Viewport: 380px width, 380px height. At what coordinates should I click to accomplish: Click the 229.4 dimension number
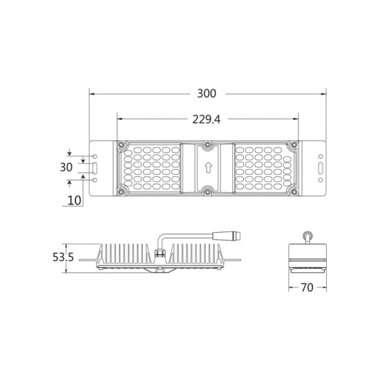[x=206, y=119]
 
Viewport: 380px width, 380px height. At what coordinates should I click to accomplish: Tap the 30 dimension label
[x=66, y=167]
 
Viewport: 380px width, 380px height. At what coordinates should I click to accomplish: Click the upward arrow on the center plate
[x=207, y=167]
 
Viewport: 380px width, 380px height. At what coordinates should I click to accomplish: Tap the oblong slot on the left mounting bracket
[x=95, y=167]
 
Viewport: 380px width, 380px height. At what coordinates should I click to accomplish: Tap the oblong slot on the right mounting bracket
[x=319, y=167]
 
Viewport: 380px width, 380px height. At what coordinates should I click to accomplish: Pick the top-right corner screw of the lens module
[x=294, y=144]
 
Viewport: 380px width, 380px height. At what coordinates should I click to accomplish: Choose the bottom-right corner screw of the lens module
[x=294, y=191]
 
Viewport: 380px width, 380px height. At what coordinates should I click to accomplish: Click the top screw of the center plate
[x=207, y=145]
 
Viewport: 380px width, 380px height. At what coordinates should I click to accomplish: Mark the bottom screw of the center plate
[x=207, y=190]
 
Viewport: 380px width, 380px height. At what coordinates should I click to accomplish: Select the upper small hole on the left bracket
[x=95, y=156]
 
